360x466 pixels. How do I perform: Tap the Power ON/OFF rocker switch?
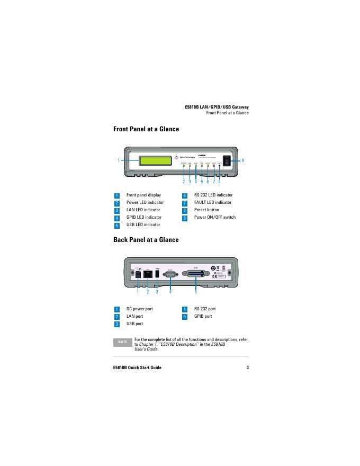point(227,160)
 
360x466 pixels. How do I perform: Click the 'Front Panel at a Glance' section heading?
point(146,129)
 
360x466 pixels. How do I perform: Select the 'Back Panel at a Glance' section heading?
point(146,240)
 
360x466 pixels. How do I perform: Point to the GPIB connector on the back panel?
point(195,274)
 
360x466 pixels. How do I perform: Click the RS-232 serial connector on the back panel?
point(170,274)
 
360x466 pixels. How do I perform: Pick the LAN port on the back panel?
point(148,274)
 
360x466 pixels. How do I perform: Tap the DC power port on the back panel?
point(137,274)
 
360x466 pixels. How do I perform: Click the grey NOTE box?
point(123,342)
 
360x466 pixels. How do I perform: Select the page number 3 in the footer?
point(247,368)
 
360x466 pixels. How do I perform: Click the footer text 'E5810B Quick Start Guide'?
point(138,368)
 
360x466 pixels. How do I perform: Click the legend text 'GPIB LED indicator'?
point(144,217)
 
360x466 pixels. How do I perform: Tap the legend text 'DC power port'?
point(140,309)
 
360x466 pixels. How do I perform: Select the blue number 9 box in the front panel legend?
point(185,218)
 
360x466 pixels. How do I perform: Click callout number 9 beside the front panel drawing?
point(242,160)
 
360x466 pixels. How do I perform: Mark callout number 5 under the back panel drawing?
point(195,292)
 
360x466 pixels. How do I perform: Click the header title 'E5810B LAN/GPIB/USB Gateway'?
point(217,107)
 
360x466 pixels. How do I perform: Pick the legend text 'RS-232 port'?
point(205,309)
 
